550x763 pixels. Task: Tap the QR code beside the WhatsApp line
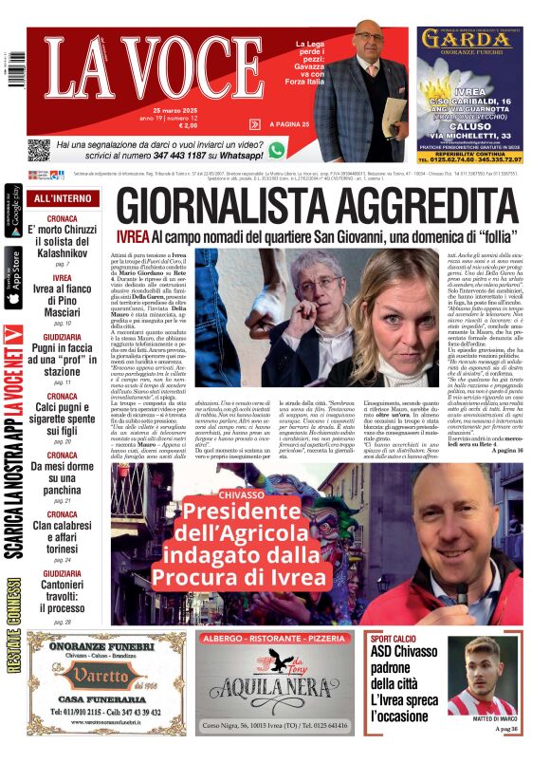pyautogui.click(x=38, y=150)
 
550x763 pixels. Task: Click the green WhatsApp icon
pyautogui.click(x=277, y=150)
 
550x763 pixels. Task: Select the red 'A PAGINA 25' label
pyautogui.click(x=289, y=124)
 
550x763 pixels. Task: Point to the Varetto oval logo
pyautogui.click(x=92, y=677)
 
